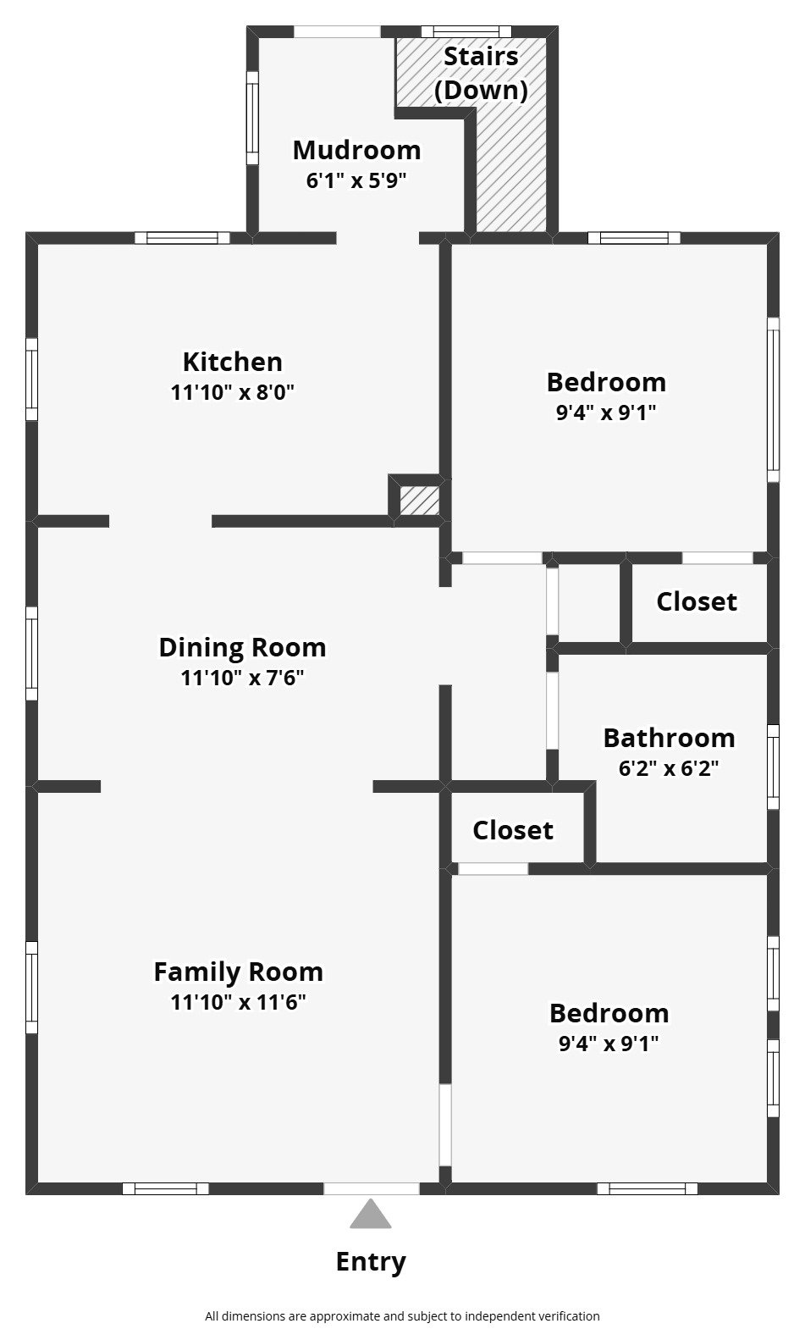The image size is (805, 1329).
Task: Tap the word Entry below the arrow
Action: [x=371, y=1261]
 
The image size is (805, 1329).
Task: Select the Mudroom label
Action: [x=356, y=150]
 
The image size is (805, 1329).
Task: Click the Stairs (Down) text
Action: [x=481, y=73]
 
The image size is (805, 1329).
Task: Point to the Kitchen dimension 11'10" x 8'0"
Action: [x=232, y=392]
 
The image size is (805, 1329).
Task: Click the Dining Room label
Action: [x=242, y=647]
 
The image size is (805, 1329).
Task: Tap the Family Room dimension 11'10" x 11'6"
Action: [x=238, y=1002]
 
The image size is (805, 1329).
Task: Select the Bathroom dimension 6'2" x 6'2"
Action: [x=669, y=768]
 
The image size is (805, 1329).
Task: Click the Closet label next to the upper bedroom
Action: [x=696, y=601]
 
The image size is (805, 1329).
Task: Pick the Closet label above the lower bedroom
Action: [x=513, y=830]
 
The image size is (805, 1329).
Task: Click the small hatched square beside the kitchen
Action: [x=419, y=501]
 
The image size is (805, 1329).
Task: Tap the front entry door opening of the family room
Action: [x=371, y=1188]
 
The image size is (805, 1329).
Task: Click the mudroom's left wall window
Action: [x=252, y=117]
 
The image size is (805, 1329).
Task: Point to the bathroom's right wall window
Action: [x=772, y=767]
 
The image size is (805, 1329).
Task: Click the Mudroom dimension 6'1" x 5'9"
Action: [x=356, y=180]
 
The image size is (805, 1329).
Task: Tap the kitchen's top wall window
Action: [x=182, y=238]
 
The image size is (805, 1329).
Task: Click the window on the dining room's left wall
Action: [x=31, y=653]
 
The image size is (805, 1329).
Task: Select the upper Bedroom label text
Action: [x=606, y=382]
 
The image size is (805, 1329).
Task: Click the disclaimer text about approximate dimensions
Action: [x=402, y=1315]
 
